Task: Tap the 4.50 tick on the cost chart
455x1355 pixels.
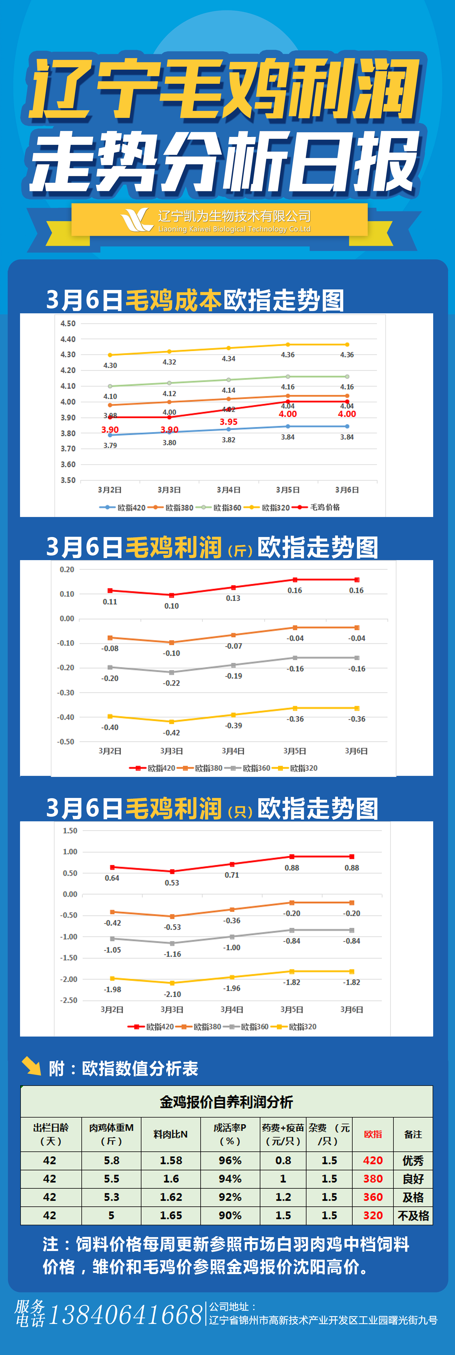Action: pyautogui.click(x=68, y=324)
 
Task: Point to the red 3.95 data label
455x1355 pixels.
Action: pyautogui.click(x=228, y=422)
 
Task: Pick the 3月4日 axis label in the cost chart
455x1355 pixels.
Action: pyautogui.click(x=228, y=490)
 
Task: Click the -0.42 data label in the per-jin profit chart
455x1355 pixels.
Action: pyautogui.click(x=172, y=733)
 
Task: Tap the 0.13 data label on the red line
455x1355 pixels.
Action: pyautogui.click(x=233, y=598)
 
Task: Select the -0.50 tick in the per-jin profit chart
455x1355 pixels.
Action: pyautogui.click(x=66, y=742)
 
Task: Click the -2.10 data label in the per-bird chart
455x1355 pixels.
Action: pyautogui.click(x=173, y=994)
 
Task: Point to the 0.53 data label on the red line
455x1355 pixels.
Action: pyautogui.click(x=172, y=883)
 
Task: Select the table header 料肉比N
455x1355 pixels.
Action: pyautogui.click(x=170, y=1135)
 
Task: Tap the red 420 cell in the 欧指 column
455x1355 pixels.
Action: pyautogui.click(x=373, y=1160)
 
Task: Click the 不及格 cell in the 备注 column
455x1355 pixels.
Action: pyautogui.click(x=413, y=1216)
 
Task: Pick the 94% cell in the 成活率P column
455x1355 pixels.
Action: pyautogui.click(x=230, y=1179)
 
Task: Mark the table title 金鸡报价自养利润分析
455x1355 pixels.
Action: pyautogui.click(x=226, y=1102)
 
